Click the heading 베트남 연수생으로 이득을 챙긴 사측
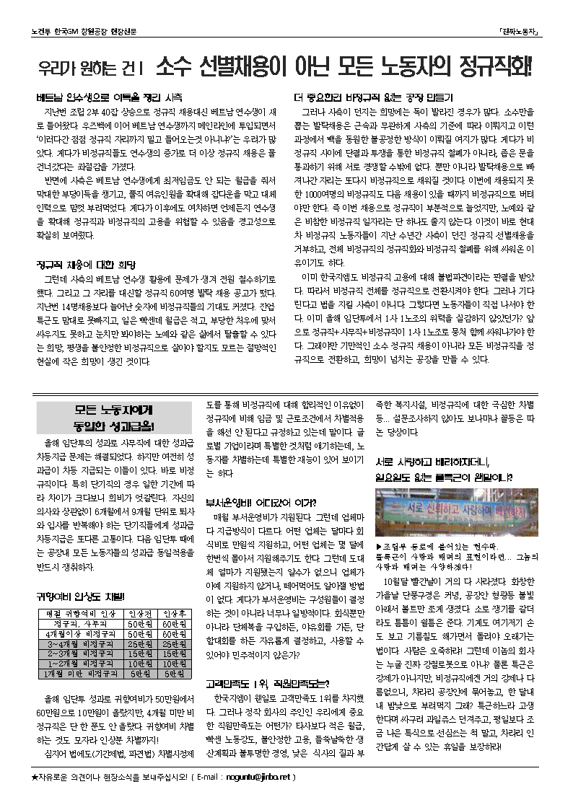pos(108,97)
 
